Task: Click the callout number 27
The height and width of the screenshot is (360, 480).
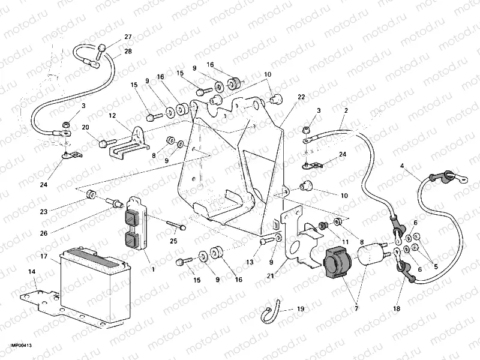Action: pos(127,37)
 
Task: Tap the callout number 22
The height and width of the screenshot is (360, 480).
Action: pos(301,97)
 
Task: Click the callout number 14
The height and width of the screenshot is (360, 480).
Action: pos(31,272)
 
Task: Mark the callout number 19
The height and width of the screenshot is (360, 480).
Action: pos(300,309)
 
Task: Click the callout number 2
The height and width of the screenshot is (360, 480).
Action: pos(346,110)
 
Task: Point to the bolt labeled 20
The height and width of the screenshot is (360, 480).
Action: pos(104,143)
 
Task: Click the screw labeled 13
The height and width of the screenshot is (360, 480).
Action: pos(265,242)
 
